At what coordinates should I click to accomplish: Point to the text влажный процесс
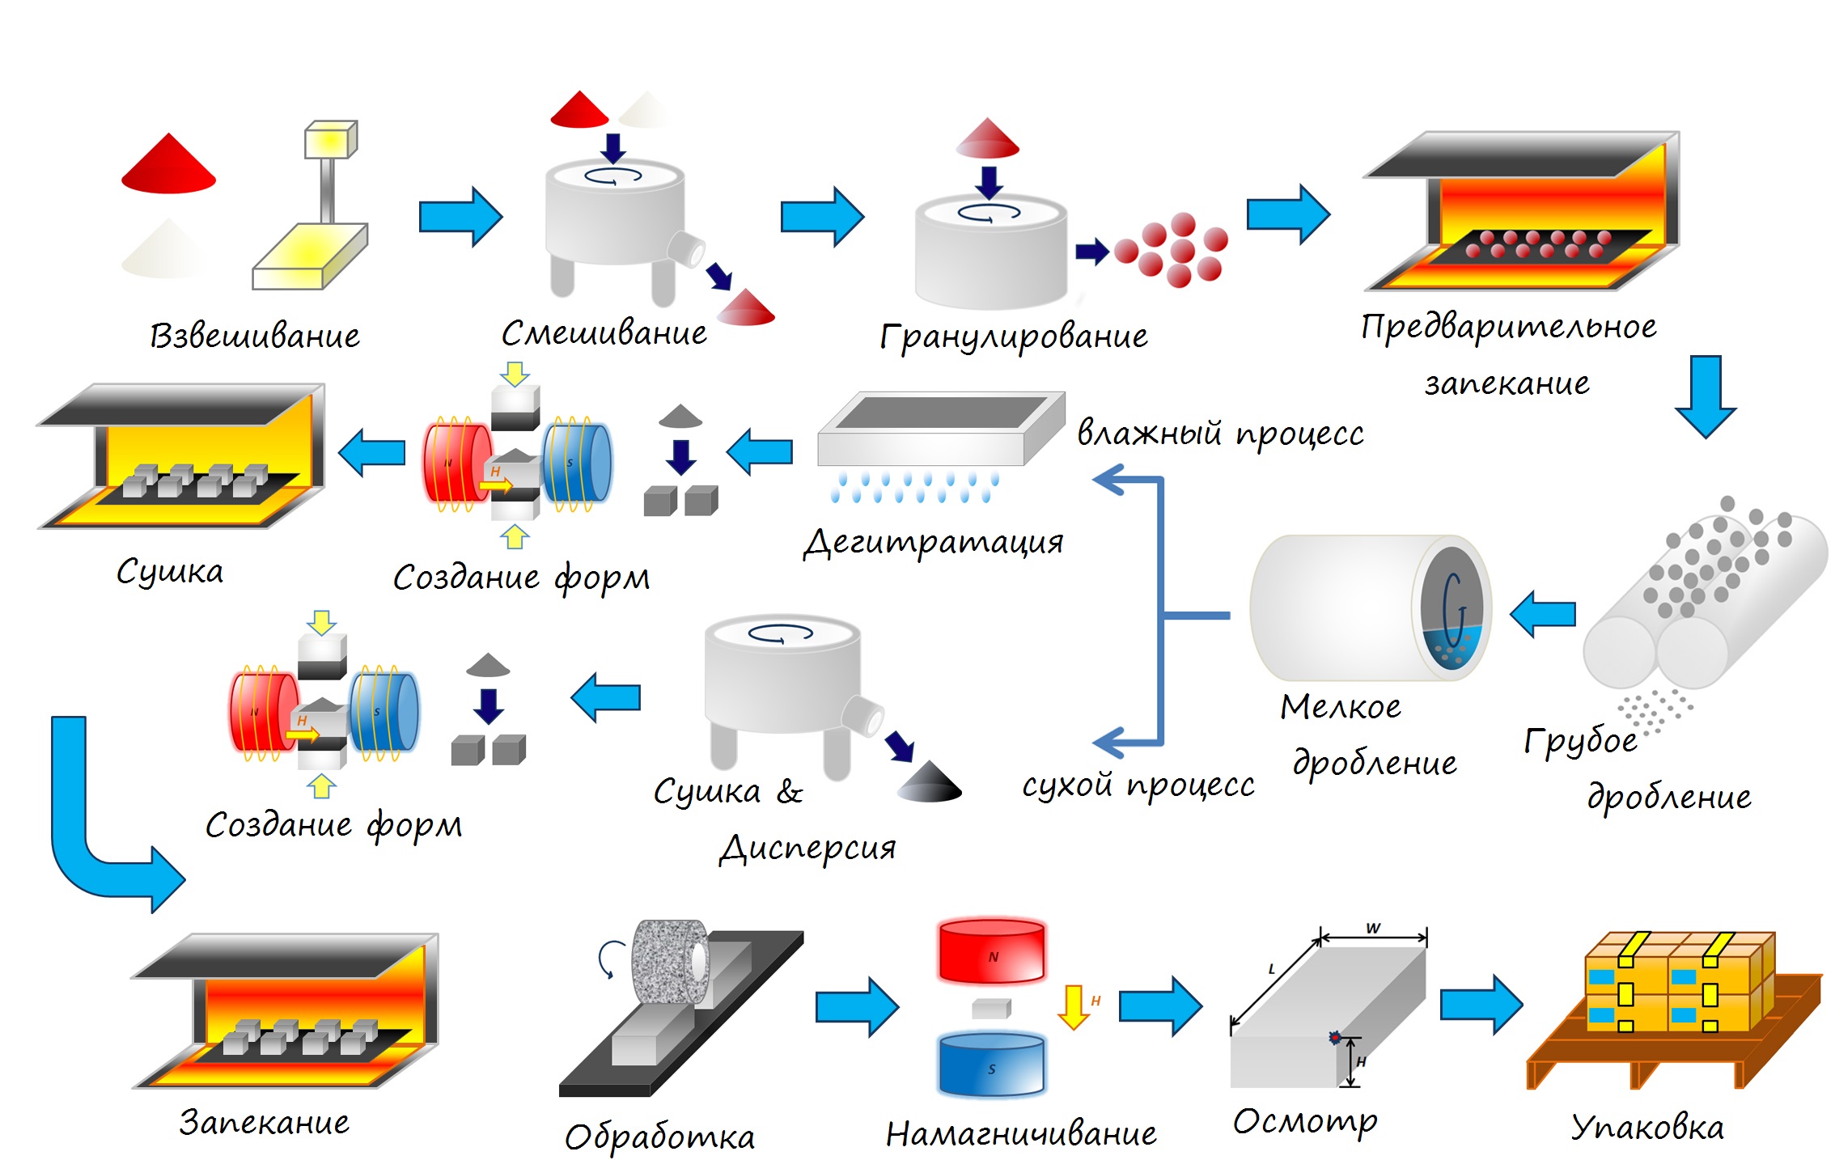click(x=1221, y=433)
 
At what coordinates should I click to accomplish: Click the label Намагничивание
click(x=1021, y=1132)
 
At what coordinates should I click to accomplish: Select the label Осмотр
click(x=1305, y=1122)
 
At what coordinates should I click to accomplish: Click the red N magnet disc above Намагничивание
click(x=992, y=951)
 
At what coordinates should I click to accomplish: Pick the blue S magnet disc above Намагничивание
click(x=992, y=1063)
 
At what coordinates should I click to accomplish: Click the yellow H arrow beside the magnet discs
click(x=1074, y=1007)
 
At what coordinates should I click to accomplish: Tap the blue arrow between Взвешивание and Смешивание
click(x=460, y=217)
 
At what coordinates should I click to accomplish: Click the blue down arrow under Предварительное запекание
click(x=1706, y=396)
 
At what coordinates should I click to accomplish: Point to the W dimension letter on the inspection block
click(x=1373, y=928)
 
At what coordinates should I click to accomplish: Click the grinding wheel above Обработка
click(x=670, y=963)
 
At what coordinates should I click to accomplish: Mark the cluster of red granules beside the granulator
click(x=1172, y=250)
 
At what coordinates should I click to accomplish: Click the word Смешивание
click(x=604, y=333)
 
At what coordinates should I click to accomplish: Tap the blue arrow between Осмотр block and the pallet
click(x=1481, y=1005)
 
